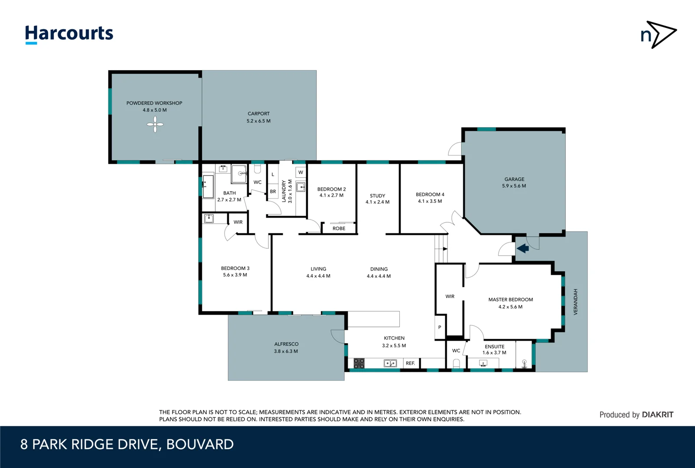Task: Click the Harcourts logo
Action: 69,34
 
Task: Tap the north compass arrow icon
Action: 658,34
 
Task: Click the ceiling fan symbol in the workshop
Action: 155,125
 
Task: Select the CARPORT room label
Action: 258,114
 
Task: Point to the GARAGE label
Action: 514,179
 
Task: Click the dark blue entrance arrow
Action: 522,248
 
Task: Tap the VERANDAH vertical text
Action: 575,302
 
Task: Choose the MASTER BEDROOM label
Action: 510,299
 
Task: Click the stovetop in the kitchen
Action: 359,363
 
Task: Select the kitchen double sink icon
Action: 390,363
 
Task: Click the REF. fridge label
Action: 410,363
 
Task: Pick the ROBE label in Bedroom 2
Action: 339,228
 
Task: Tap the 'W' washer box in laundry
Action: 300,172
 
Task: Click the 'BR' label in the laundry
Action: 273,191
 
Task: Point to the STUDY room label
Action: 377,195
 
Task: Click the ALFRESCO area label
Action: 286,344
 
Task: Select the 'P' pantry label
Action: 440,327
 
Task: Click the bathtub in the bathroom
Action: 208,186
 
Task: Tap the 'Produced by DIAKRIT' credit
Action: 636,415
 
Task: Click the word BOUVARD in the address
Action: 200,444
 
